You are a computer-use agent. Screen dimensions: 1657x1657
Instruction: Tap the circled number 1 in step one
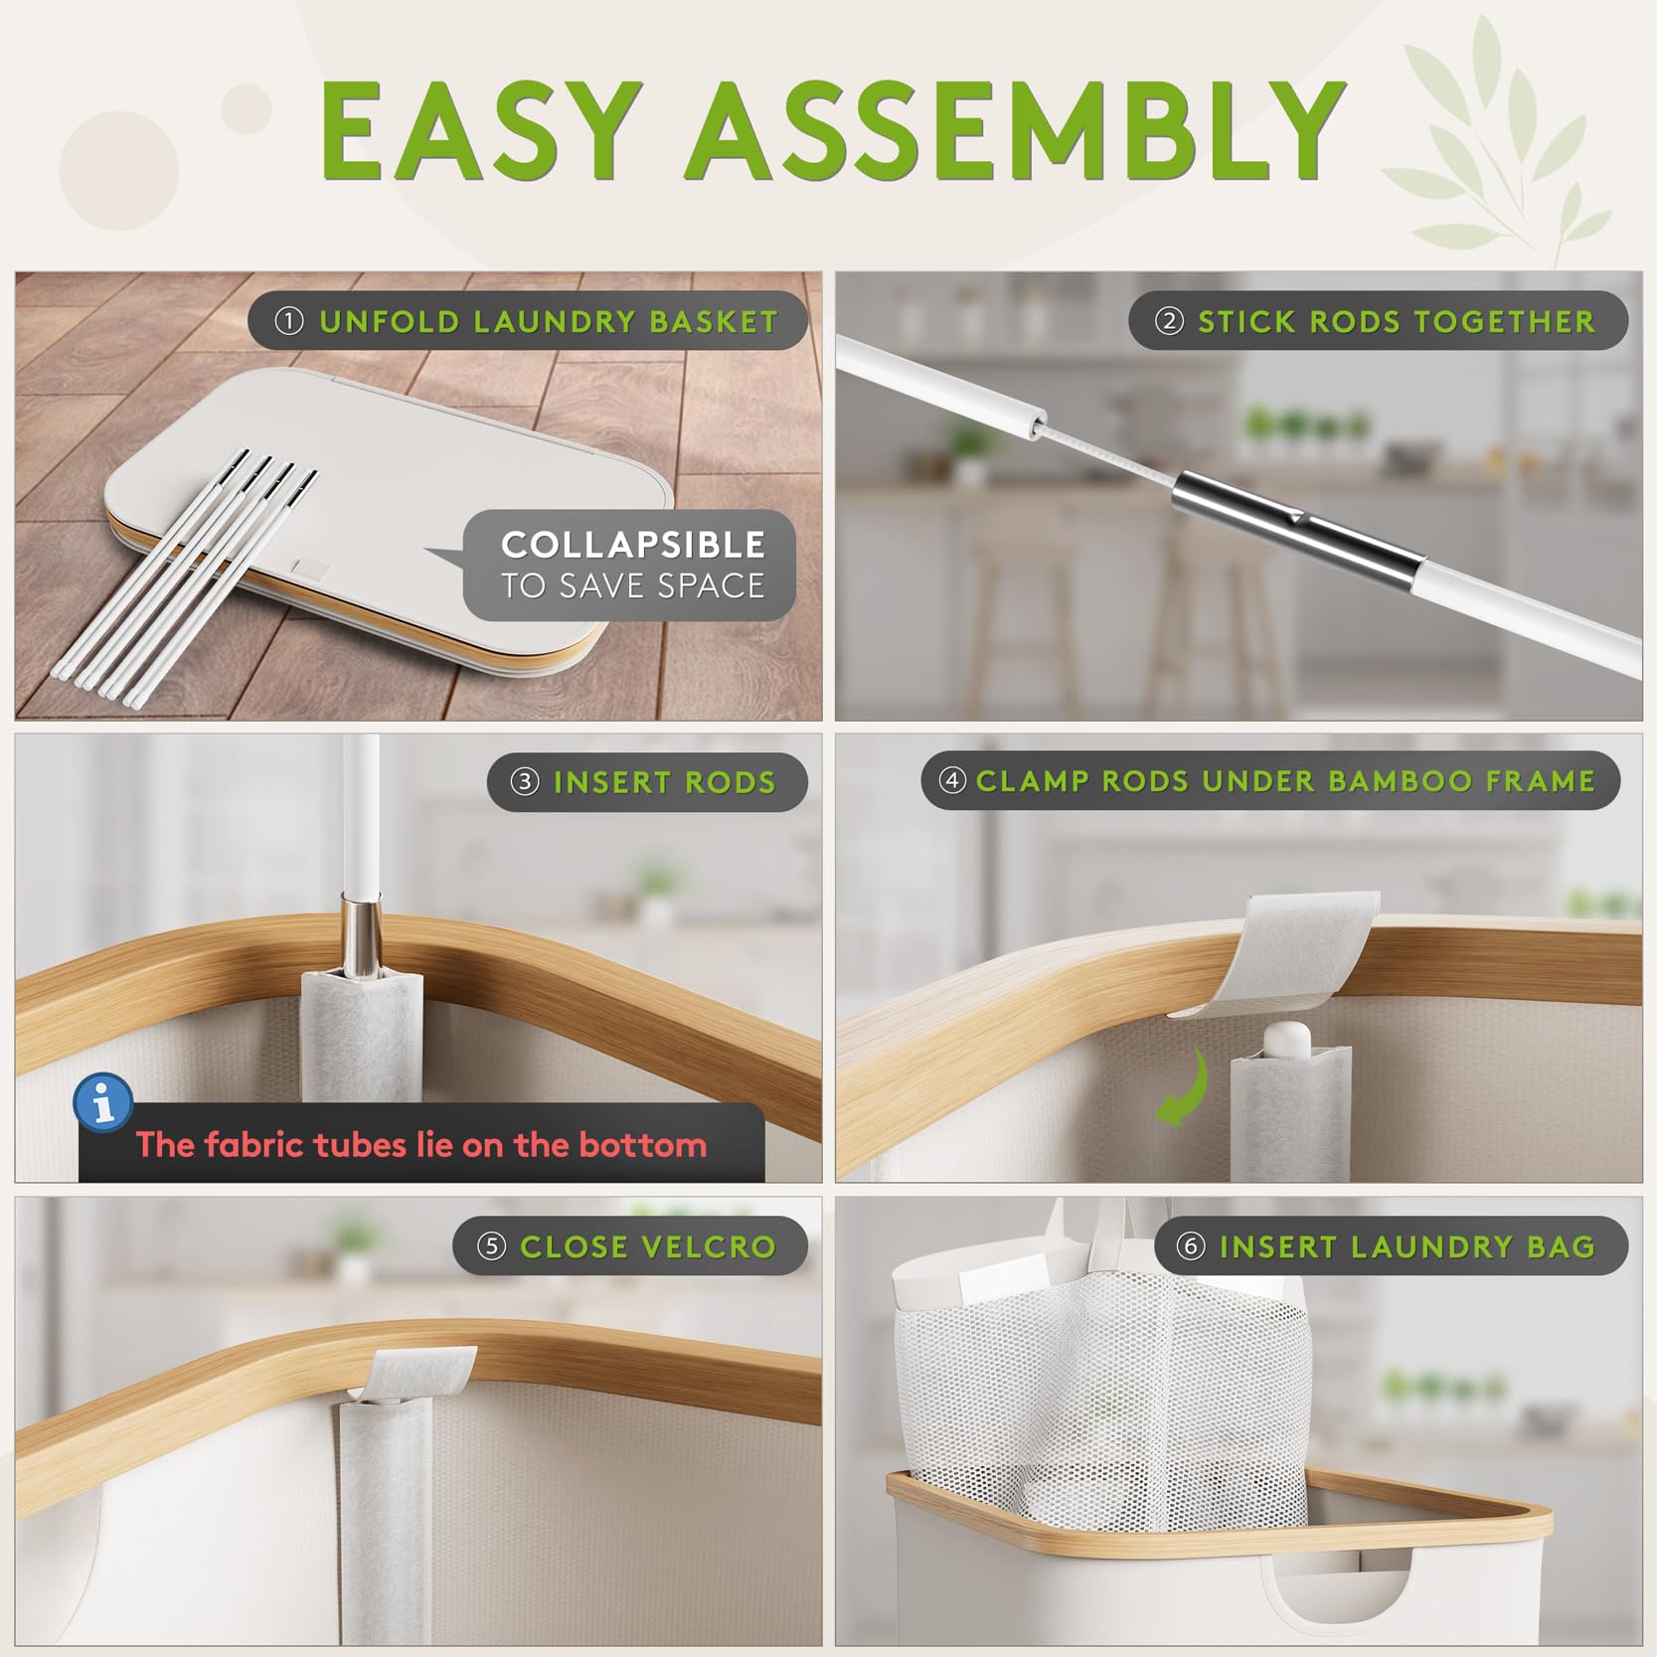[289, 321]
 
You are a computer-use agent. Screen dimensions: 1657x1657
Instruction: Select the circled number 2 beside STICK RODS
[1169, 321]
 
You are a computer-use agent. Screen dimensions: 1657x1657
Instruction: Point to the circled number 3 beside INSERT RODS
[525, 782]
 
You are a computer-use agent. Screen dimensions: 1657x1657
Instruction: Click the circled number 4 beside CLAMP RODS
[952, 780]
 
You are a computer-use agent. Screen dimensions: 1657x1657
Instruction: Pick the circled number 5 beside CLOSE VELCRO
[492, 1246]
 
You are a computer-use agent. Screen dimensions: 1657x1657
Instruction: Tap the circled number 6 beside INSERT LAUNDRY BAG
[1191, 1246]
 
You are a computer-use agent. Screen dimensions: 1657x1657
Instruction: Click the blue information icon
[103, 1101]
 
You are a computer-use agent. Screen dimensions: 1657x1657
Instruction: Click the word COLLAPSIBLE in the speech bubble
[633, 545]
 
